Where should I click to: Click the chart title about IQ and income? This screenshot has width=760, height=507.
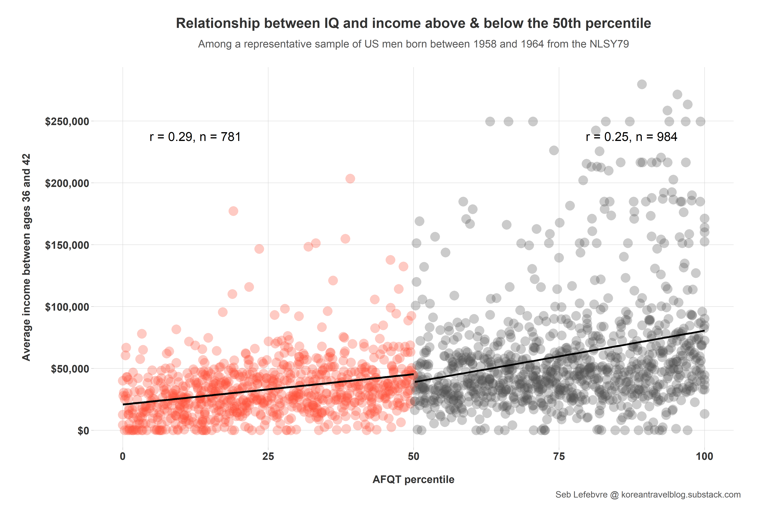tap(413, 23)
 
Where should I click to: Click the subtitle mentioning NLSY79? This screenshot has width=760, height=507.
tap(413, 44)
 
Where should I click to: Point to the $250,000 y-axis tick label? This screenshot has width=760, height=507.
tap(67, 122)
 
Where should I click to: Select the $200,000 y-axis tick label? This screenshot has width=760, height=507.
tap(67, 183)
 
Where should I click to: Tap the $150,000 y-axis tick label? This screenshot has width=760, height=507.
tap(67, 245)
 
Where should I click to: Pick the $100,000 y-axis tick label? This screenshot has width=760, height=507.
tap(67, 307)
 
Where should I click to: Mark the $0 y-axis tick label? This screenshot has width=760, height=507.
tap(83, 431)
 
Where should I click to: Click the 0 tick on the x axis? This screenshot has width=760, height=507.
tap(123, 457)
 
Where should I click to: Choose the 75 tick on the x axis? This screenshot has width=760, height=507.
tap(559, 457)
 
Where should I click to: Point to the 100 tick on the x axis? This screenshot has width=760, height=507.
tap(704, 457)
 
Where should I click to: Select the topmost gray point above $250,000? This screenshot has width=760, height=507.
tap(642, 84)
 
